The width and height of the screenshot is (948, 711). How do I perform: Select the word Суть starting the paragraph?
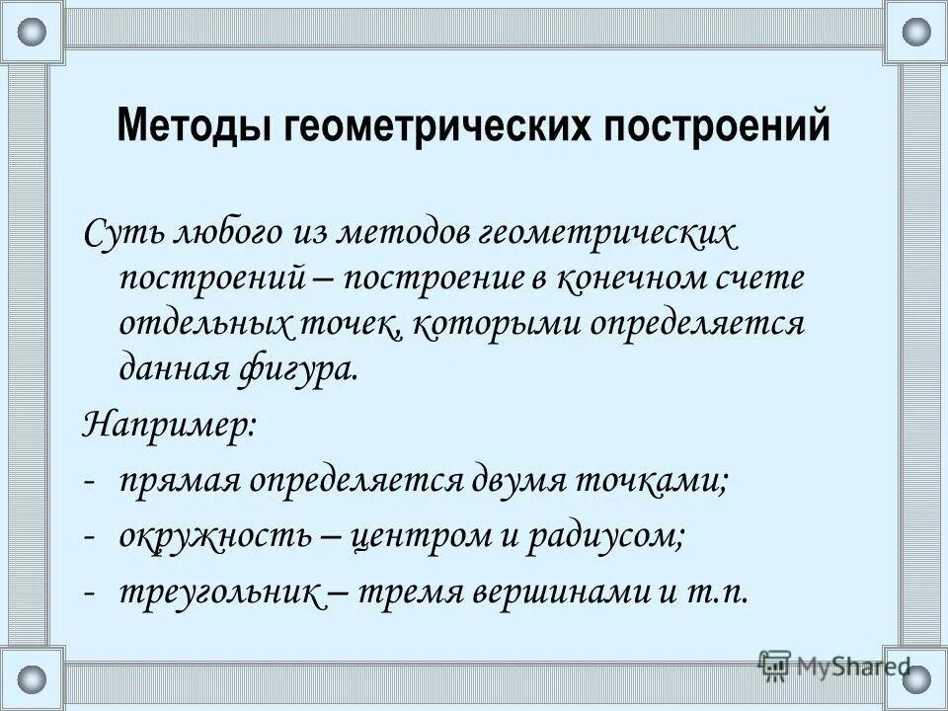(x=120, y=234)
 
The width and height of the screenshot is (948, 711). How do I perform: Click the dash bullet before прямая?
(x=90, y=482)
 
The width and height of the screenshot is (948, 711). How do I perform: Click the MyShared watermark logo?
(x=833, y=665)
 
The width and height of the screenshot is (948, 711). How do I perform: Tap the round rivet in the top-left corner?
(x=33, y=33)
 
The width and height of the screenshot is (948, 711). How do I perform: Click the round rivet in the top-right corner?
(x=915, y=33)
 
